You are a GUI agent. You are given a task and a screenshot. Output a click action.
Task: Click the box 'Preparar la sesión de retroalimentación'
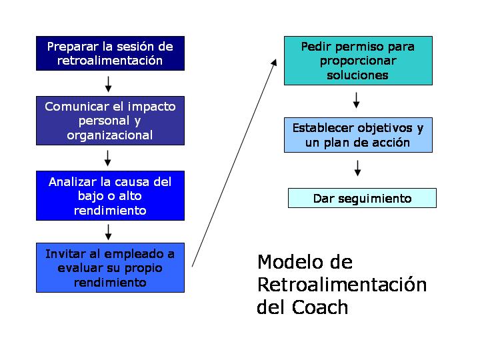[110, 53]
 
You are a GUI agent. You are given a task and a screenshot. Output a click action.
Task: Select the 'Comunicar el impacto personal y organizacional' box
[110, 121]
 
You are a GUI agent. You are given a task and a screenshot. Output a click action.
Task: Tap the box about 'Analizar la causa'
[110, 195]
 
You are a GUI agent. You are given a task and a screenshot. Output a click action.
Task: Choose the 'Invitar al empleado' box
[110, 267]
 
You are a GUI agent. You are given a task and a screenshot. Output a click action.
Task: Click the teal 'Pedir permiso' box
[358, 61]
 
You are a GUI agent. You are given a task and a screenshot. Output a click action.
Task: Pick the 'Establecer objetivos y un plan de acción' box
[358, 135]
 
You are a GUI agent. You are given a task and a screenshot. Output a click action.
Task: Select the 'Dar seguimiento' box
[362, 198]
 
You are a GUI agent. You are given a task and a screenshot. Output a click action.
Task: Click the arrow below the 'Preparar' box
[109, 84]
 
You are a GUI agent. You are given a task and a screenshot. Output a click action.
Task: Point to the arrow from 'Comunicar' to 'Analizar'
[108, 158]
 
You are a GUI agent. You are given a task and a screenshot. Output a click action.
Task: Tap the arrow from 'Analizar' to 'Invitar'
[109, 232]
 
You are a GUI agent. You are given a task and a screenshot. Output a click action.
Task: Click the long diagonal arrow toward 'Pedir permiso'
[234, 163]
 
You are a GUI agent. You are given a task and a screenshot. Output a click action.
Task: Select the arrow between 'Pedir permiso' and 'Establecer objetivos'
[356, 100]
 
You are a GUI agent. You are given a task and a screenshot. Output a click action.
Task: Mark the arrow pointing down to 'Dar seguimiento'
[357, 168]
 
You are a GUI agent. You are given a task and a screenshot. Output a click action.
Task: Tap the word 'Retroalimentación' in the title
[342, 285]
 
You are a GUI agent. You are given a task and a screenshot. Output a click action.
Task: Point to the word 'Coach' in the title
[320, 307]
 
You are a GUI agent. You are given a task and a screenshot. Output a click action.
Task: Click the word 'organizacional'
[110, 135]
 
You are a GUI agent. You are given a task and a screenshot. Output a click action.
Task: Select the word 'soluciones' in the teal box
[357, 75]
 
